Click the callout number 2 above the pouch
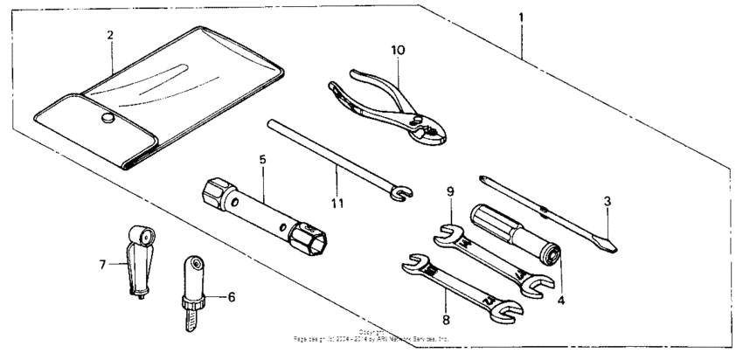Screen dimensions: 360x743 coord(110,35)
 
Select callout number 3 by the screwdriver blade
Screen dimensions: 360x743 coord(608,202)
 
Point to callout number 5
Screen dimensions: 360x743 coord(261,160)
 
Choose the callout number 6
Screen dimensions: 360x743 coord(232,297)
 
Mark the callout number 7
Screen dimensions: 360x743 coord(103,260)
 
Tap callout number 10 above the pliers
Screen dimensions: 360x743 coord(398,50)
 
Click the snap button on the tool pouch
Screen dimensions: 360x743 coord(108,118)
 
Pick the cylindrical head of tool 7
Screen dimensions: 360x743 coord(140,234)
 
